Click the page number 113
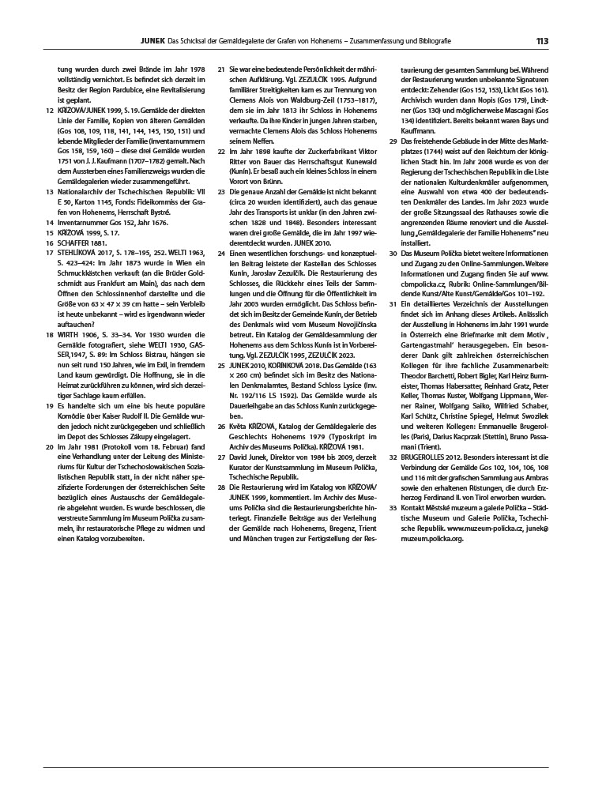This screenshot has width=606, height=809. (x=542, y=42)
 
